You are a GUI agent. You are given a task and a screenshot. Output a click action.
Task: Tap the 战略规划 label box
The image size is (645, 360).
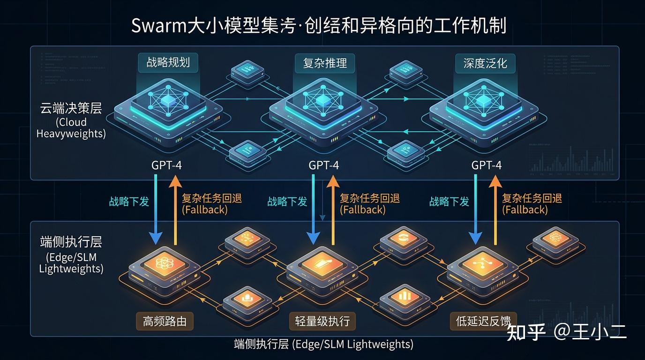pyautogui.click(x=168, y=63)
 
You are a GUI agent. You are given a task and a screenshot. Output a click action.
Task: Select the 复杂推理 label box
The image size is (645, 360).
pyautogui.click(x=325, y=63)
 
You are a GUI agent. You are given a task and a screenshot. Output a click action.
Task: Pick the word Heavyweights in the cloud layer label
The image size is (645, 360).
pyautogui.click(x=71, y=134)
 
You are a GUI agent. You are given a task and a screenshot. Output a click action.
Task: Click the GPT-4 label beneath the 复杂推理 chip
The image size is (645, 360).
pyautogui.click(x=324, y=165)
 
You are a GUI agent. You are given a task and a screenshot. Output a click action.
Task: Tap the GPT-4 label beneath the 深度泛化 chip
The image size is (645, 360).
pyautogui.click(x=487, y=165)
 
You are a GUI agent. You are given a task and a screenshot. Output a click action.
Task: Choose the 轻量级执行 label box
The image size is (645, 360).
pyautogui.click(x=322, y=322)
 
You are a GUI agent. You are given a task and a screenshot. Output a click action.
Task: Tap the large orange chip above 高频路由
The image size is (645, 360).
pyautogui.click(x=165, y=267)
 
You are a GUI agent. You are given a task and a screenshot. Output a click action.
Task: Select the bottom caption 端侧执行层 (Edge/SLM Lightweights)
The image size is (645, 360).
pyautogui.click(x=323, y=345)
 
